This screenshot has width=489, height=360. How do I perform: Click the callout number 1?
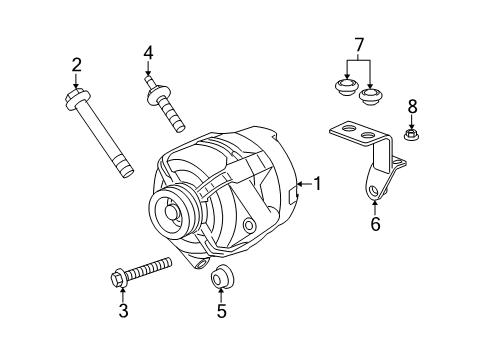coord(318,183)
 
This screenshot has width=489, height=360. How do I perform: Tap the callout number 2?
coord(76,66)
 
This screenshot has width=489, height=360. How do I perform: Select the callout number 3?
coord(122,312)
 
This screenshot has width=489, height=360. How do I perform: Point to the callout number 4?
coord(148,53)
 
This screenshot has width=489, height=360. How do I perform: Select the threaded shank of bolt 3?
coord(148,270)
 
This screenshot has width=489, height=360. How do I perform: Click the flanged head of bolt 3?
coord(117,278)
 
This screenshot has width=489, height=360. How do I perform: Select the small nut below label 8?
coord(410,133)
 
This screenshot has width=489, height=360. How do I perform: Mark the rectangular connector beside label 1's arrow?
coord(292,193)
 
